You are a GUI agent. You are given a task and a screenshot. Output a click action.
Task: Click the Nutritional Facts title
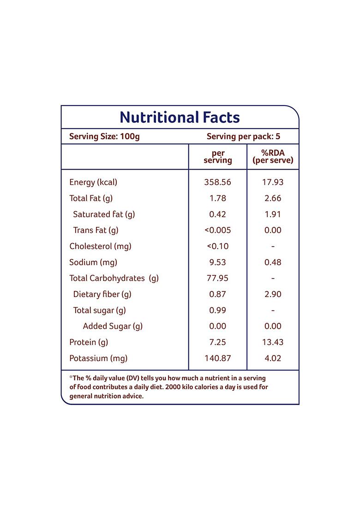point(180,117)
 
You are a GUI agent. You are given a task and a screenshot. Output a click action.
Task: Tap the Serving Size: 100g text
point(104,137)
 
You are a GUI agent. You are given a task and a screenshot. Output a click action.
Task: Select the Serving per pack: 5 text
point(243,137)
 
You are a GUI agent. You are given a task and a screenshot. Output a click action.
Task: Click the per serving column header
point(218,157)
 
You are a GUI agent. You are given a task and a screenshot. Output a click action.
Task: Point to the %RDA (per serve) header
point(273,157)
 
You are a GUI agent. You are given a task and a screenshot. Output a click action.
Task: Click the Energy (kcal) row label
point(93,182)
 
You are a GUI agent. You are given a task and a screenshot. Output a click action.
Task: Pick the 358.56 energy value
point(217,182)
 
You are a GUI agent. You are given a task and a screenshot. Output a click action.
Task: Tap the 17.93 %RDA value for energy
point(273,182)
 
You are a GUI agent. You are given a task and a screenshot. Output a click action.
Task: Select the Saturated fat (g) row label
point(104,214)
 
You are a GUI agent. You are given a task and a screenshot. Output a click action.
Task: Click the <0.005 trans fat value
point(217,230)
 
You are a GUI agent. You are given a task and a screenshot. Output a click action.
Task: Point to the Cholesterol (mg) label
point(100,246)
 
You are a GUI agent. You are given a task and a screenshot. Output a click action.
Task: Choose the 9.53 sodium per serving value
point(217,262)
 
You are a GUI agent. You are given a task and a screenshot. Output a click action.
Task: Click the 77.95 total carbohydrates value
point(217,278)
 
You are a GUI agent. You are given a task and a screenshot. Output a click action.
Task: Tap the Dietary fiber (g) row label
point(102,294)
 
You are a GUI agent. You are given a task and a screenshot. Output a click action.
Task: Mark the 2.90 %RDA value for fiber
point(273,294)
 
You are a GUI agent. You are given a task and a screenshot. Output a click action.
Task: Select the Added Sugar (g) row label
point(113,326)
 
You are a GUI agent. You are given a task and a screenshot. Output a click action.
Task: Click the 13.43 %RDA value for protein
point(273,342)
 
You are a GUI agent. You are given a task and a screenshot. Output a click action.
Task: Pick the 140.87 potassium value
point(217,358)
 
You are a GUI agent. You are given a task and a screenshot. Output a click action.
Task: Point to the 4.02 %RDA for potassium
point(273,358)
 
